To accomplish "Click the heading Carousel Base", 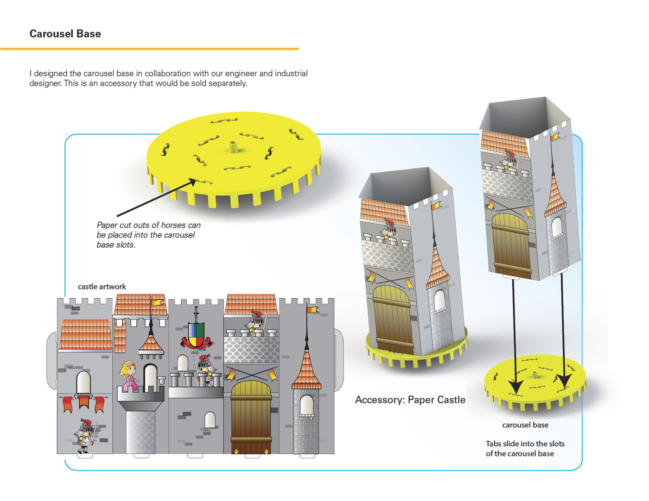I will [x=65, y=34].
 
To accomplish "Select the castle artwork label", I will [x=102, y=287].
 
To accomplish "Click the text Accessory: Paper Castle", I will [x=410, y=400].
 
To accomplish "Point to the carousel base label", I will [x=525, y=425].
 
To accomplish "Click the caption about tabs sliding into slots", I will [x=525, y=448].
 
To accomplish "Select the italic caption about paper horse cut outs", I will [x=148, y=235].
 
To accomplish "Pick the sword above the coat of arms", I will [x=196, y=314].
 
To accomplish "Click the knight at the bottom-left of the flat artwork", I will [x=85, y=435].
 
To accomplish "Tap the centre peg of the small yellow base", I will [x=534, y=374].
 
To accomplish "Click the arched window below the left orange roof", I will [x=83, y=382].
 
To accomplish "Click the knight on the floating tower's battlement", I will [x=509, y=161].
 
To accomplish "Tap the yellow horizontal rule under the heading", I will [x=149, y=49].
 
